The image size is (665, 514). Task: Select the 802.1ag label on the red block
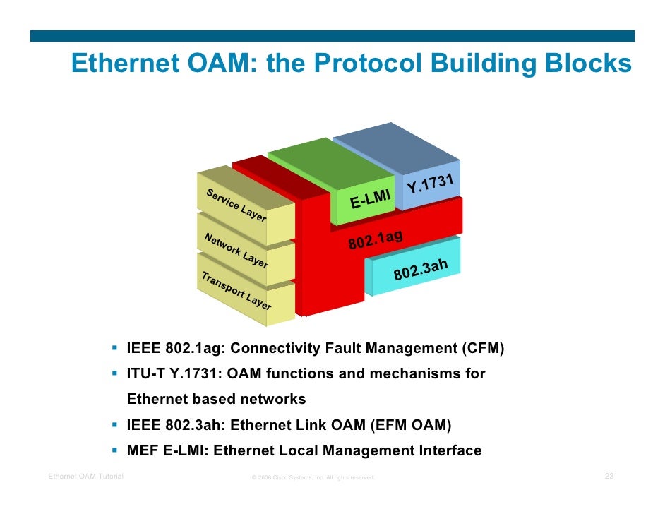point(375,239)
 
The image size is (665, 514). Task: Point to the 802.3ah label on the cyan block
point(421,269)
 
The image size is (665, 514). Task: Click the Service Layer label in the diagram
point(236,205)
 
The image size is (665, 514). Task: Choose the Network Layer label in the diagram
point(235,250)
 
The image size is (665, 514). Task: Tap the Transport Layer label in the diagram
point(236,291)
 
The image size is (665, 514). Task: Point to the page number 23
point(609,477)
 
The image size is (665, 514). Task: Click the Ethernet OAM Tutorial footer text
point(85,477)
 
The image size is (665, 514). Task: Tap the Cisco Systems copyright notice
point(313,478)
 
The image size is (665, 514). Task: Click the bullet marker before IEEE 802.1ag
point(114,348)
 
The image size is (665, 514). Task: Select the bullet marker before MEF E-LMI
point(114,450)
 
